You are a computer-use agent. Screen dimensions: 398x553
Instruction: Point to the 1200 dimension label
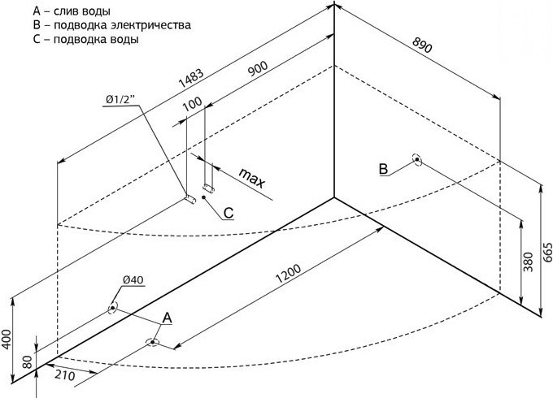click(290, 270)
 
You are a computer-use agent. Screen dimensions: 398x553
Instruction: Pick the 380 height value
click(529, 261)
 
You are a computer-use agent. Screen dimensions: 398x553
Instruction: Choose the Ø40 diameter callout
click(133, 280)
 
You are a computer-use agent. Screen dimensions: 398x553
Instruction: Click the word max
click(252, 178)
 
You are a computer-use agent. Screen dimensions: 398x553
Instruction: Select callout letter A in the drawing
click(167, 318)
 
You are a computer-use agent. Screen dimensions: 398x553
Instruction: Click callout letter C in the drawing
click(229, 213)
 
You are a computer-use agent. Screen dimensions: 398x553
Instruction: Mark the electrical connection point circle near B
click(417, 160)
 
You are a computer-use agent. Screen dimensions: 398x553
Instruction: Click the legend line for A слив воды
click(73, 11)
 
